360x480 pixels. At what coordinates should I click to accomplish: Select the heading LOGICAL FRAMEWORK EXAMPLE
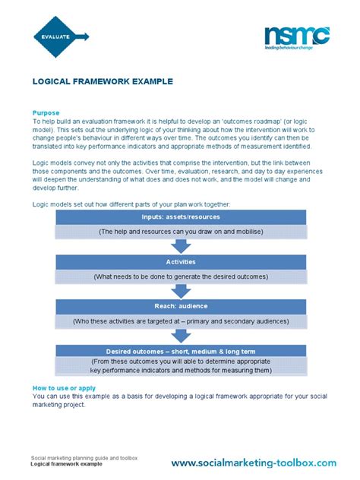point(102,81)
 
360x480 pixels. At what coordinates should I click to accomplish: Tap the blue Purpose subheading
point(46,112)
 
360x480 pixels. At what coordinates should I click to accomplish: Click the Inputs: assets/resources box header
point(180,217)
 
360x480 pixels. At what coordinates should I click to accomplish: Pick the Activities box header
point(180,262)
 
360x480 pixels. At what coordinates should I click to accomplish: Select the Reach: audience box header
point(180,307)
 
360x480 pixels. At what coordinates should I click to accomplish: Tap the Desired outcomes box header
point(180,351)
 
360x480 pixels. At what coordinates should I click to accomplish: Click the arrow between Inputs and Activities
point(180,245)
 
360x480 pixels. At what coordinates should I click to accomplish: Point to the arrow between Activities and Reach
point(180,290)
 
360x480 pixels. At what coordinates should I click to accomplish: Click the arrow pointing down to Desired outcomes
point(180,335)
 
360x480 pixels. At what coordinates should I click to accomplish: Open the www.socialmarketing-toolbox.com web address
point(253,463)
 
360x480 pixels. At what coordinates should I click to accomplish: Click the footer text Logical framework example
point(66,464)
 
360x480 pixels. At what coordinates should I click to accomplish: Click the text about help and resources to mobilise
point(180,230)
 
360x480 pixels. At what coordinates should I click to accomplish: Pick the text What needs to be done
point(180,276)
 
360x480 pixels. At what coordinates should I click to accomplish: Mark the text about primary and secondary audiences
point(180,321)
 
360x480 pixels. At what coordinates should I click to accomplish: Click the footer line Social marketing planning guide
point(84,458)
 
